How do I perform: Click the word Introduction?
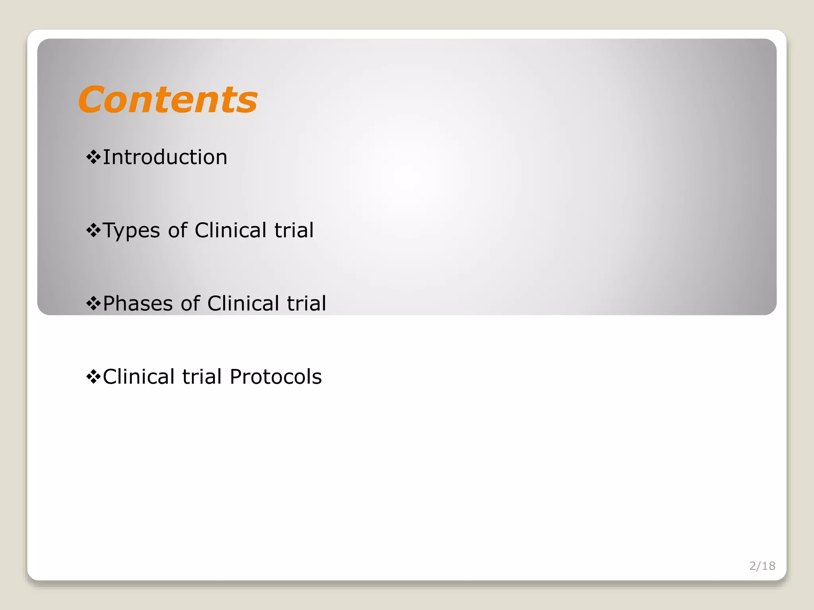tap(165, 157)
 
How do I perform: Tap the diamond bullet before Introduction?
tap(93, 157)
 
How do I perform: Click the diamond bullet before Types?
tap(93, 230)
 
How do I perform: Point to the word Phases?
tap(138, 303)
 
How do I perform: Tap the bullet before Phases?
tap(93, 303)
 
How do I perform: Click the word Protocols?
tap(275, 376)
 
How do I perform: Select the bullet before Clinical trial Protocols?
tap(93, 376)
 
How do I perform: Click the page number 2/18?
tap(762, 566)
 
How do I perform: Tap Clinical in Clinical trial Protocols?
tap(139, 376)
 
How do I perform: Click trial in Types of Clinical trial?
tap(294, 230)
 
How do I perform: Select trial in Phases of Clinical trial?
tap(306, 303)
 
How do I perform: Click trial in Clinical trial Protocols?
tap(202, 376)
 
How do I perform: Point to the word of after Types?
tap(177, 230)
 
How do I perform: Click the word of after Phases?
tap(190, 303)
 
